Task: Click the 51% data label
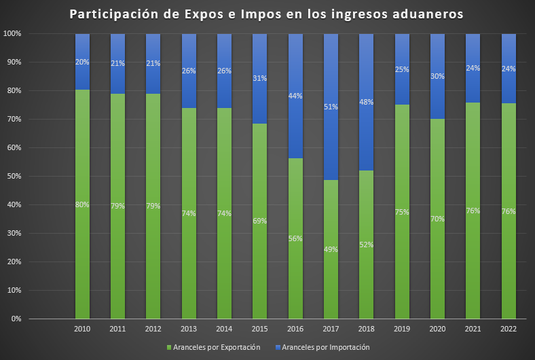click(x=331, y=107)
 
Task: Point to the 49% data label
click(x=331, y=249)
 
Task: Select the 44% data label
click(x=295, y=96)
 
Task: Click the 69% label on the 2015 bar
click(x=259, y=221)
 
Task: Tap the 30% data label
click(x=437, y=77)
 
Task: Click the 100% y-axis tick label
click(x=12, y=34)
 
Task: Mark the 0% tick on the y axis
click(x=15, y=319)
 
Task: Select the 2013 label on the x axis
click(x=189, y=329)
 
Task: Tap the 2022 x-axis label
click(x=509, y=329)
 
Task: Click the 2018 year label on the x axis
click(x=367, y=329)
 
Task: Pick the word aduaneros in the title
click(x=427, y=15)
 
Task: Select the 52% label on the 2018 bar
click(x=367, y=245)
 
